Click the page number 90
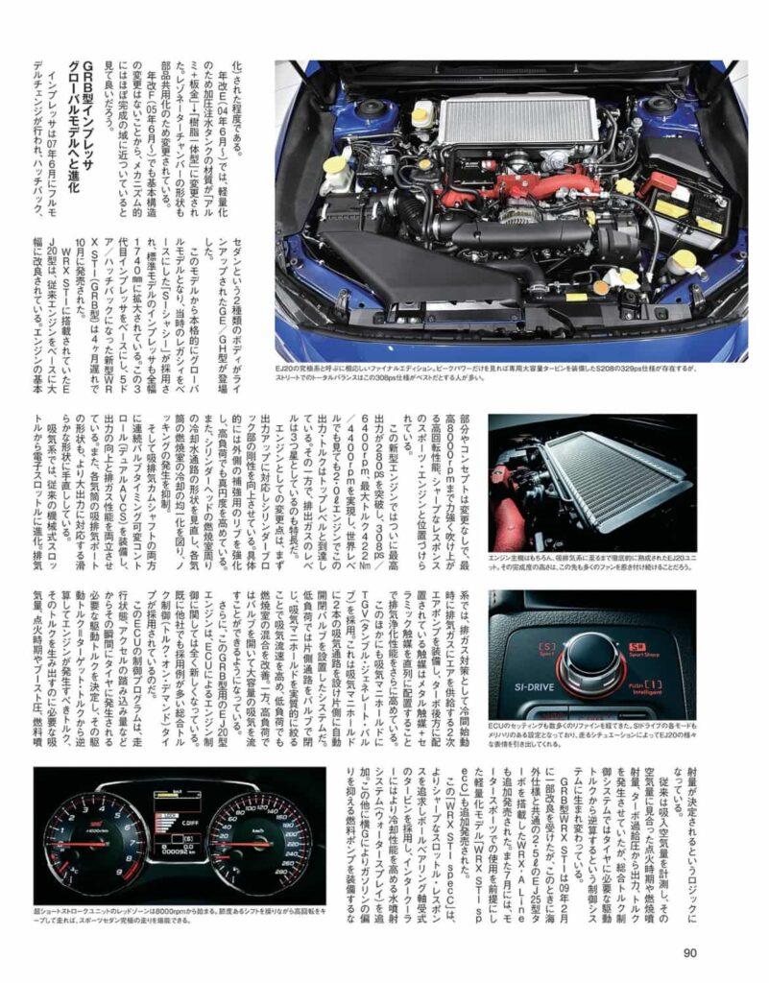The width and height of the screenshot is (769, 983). (689, 952)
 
